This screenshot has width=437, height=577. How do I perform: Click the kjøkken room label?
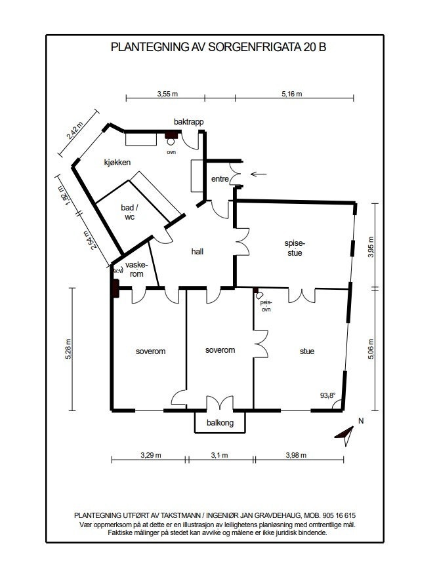pos(117,163)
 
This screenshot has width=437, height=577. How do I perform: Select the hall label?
pos(198,252)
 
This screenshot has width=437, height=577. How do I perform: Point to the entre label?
pos(220,179)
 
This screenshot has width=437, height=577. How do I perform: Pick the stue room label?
pos(306,351)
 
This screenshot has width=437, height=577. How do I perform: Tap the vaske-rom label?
pos(136,269)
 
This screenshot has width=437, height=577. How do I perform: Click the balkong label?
pos(220,423)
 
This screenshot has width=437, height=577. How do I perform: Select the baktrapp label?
pos(188,122)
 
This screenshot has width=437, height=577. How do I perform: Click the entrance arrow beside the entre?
pos(259,174)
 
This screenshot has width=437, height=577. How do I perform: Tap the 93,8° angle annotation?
pos(327,395)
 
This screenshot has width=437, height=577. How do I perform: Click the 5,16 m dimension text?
pos(292,94)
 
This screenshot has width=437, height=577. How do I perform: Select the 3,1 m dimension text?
pos(219,455)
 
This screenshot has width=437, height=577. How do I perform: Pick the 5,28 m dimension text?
pos(68,348)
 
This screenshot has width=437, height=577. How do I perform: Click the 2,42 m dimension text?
pos(74,130)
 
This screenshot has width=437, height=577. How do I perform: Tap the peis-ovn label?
pos(266,306)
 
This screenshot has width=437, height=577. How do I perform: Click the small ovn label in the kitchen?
pos(171,151)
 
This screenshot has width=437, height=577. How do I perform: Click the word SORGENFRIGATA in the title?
pos(255,47)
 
